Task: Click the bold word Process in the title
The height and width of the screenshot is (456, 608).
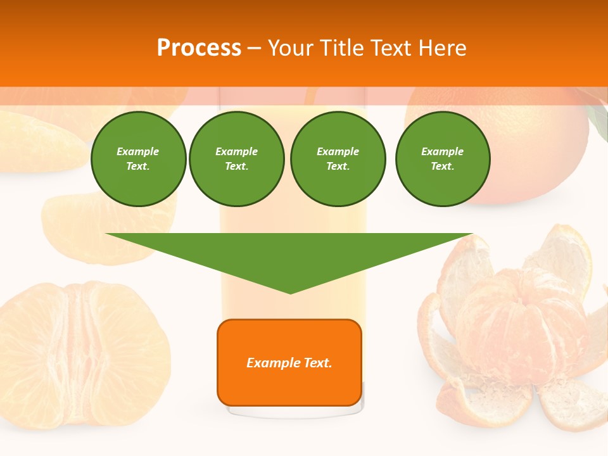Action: click(199, 47)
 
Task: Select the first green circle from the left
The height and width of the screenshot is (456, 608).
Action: click(138, 159)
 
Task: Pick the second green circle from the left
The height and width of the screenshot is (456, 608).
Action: click(236, 159)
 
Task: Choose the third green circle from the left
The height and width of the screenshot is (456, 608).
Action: click(338, 159)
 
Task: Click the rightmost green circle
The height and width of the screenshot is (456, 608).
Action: click(442, 159)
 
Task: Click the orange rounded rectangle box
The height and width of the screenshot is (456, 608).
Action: click(289, 386)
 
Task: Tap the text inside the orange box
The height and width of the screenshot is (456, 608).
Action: click(289, 363)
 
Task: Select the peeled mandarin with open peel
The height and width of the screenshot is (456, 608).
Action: click(513, 329)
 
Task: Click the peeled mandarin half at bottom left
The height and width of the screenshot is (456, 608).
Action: click(82, 355)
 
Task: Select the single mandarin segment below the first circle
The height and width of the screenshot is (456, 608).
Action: click(95, 225)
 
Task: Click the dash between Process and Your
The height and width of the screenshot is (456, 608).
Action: click(254, 48)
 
